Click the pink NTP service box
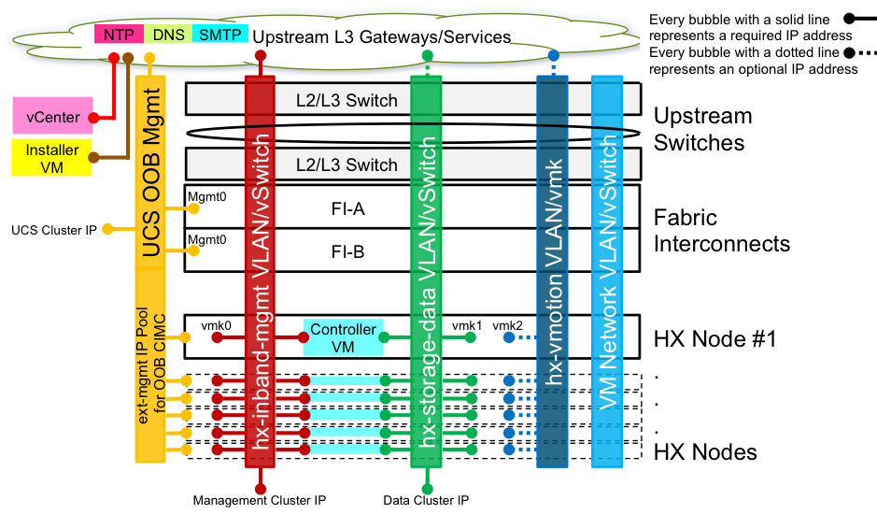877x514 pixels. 118,35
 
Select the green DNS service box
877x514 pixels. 168,35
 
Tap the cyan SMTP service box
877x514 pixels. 219,35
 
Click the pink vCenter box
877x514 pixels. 52,117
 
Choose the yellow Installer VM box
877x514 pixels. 52,157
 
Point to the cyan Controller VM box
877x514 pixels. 344,337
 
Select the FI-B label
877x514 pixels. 342,251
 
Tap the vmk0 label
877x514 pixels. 216,325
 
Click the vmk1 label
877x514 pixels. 467,325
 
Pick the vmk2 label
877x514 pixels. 508,325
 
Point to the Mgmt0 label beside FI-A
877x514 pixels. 206,197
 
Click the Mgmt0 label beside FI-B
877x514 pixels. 206,239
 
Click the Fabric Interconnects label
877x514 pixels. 721,231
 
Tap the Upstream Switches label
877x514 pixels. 702,130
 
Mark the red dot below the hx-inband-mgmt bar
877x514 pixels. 261,488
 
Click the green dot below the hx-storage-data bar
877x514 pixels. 427,488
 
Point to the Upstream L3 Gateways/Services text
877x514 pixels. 382,37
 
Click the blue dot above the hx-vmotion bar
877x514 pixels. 554,56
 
